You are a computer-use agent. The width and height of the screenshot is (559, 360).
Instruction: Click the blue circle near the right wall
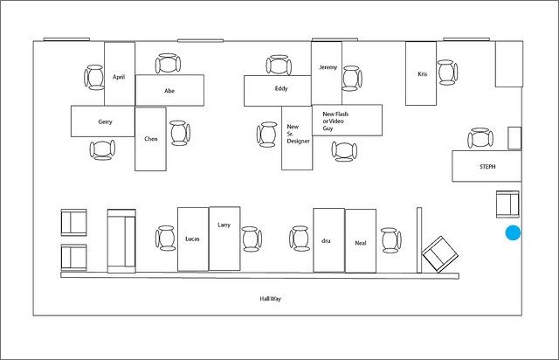pos(513,232)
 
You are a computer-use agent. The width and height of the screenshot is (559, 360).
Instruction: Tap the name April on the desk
pos(119,77)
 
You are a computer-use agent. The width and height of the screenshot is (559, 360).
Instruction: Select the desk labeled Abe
pos(169,90)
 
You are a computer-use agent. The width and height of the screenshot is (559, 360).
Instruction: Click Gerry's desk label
pos(105,121)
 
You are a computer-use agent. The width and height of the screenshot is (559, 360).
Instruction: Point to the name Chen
pos(151,139)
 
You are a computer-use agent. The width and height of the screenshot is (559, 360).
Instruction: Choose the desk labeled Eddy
pos(278,91)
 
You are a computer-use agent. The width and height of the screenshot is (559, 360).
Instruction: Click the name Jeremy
pos(328,67)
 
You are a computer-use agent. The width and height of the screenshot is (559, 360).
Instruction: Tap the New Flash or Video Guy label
pos(335,121)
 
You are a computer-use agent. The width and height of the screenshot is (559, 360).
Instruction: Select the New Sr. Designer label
pos(298,134)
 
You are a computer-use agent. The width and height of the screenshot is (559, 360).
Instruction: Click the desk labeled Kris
pos(421,73)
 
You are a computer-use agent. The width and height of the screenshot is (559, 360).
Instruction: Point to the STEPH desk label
pos(487,166)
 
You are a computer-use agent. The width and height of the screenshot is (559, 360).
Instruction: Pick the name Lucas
pos(192,239)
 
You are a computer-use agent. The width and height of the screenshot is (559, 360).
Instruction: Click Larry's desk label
pos(224,225)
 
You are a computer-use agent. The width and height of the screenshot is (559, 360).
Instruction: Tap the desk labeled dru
pos(328,240)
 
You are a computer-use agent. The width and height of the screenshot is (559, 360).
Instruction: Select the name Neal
pos(361,243)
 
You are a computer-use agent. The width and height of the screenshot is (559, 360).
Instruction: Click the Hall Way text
pos(270,299)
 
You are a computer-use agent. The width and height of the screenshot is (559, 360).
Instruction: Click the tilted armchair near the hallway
pos(440,254)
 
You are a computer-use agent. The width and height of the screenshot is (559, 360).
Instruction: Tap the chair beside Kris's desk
pos(448,73)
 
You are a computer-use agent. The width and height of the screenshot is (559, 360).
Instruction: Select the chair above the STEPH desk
pos(480,138)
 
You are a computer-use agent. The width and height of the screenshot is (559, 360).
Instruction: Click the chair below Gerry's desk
pos(102,149)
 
